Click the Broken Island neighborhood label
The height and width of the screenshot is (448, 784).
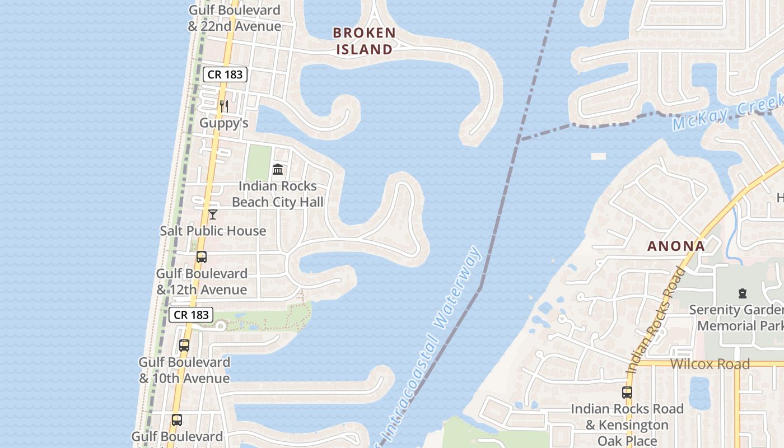pyautogui.click(x=365, y=41)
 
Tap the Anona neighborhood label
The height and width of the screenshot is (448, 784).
pyautogui.click(x=676, y=246)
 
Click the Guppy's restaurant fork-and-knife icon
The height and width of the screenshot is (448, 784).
pyautogui.click(x=223, y=106)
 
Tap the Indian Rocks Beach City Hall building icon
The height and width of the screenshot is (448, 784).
pyautogui.click(x=277, y=169)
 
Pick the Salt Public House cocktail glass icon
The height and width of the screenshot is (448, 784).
pyautogui.click(x=213, y=214)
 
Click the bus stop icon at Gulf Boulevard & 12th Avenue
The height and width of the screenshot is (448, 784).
pyautogui.click(x=202, y=257)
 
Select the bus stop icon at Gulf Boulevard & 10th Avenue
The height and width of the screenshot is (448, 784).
pyautogui.click(x=184, y=346)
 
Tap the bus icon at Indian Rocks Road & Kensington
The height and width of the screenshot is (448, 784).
pyautogui.click(x=627, y=393)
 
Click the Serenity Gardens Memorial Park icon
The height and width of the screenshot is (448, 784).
pyautogui.click(x=743, y=293)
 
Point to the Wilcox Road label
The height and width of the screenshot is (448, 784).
pyautogui.click(x=710, y=364)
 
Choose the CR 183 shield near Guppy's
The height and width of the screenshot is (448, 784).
pyautogui.click(x=225, y=74)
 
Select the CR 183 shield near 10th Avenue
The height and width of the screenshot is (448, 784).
pyautogui.click(x=192, y=315)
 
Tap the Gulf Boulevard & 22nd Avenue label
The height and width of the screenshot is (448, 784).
pyautogui.click(x=235, y=18)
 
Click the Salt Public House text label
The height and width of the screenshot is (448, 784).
pyautogui.click(x=213, y=231)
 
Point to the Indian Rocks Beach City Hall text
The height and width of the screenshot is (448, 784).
pyautogui.click(x=278, y=194)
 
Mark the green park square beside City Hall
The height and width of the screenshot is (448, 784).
pyautogui.click(x=259, y=162)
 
